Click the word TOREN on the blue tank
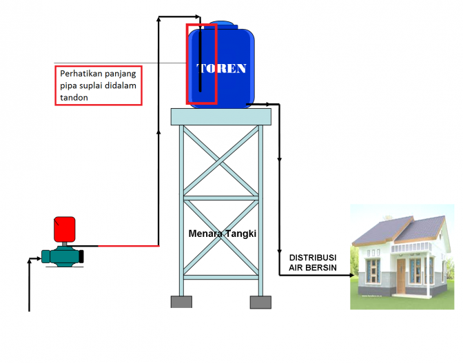[222, 69]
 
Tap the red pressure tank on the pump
[64, 229]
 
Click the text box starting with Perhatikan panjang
[98, 85]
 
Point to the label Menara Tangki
[222, 234]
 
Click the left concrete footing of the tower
[181, 302]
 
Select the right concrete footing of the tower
[260, 302]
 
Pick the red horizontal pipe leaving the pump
[127, 245]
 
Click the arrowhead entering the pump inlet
[38, 260]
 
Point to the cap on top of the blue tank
[222, 25]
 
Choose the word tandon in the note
[74, 98]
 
